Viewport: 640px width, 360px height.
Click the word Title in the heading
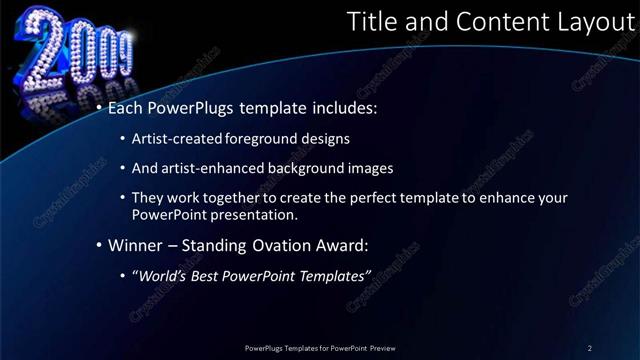tap(370, 24)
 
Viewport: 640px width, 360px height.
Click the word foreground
tap(263, 138)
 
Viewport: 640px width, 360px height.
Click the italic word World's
tap(163, 275)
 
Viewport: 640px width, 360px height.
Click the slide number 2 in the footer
tap(590, 347)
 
